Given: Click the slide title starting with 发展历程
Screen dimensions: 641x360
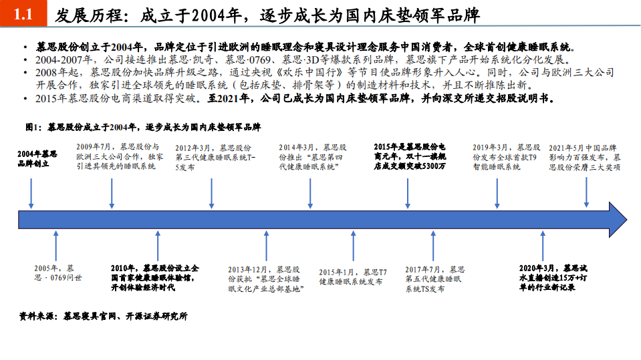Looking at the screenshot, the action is [x=267, y=15].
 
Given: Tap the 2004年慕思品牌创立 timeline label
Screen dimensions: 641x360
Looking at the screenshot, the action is [x=37, y=158].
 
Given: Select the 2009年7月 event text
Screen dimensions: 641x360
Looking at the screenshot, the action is [x=119, y=156].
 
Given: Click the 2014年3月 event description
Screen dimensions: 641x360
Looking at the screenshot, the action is [x=313, y=156].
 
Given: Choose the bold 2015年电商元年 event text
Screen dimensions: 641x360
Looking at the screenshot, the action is [x=410, y=156].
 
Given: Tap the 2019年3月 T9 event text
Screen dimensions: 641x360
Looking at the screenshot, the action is [x=506, y=156].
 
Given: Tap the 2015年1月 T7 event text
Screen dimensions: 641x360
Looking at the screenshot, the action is [x=353, y=277].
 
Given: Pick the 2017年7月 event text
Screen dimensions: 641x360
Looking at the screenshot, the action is [x=434, y=279].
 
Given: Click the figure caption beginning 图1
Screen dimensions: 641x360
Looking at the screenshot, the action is [x=144, y=126].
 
